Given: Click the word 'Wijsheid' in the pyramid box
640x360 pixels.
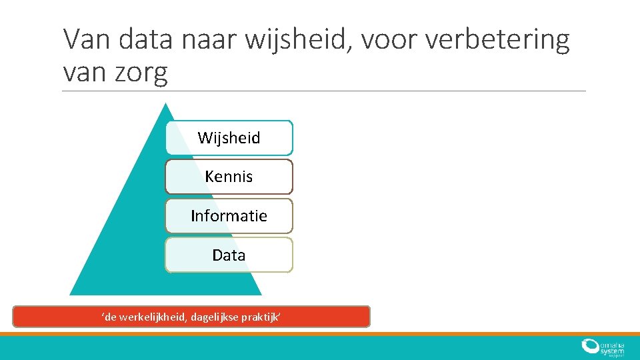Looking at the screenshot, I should (x=229, y=138).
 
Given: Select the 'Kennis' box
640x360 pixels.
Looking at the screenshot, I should (x=229, y=177).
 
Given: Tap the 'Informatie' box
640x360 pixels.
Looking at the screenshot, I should (x=229, y=216).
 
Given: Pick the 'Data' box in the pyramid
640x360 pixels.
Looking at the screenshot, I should (x=229, y=255).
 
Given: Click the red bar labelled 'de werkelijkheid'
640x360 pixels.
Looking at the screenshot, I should (x=191, y=317).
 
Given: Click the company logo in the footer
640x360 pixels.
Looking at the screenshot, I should (x=602, y=348).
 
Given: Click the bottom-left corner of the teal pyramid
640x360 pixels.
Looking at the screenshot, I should (x=71, y=294).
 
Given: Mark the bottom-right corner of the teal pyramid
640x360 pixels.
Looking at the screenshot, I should (x=261, y=294).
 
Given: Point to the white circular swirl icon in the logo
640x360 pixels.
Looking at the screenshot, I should (x=590, y=346).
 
